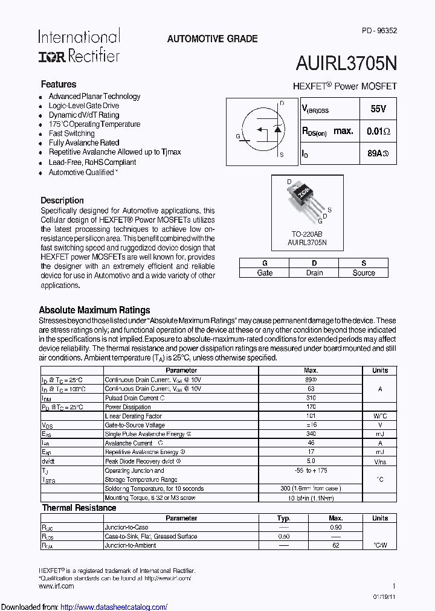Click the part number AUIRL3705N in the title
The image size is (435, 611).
tap(346, 64)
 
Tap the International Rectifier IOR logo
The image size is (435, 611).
tap(79, 46)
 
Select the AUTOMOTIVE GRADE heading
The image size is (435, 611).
tap(212, 39)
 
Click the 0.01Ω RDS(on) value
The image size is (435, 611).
tap(378, 131)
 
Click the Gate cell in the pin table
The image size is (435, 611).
tap(265, 273)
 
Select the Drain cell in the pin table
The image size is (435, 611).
tap(314, 273)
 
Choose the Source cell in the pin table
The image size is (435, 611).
tap(364, 273)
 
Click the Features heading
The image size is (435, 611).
tap(59, 85)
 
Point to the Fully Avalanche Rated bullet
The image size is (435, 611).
tap(84, 143)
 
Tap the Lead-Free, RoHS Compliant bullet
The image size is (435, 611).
tap(92, 162)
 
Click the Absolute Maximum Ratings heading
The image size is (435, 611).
tap(94, 310)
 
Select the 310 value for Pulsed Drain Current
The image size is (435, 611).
tap(311, 398)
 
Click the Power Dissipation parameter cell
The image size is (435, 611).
tap(128, 408)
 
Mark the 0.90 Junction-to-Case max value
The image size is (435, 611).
tap(336, 527)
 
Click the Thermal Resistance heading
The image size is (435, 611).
tap(79, 508)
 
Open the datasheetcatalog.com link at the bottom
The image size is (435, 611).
tap(114, 607)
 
